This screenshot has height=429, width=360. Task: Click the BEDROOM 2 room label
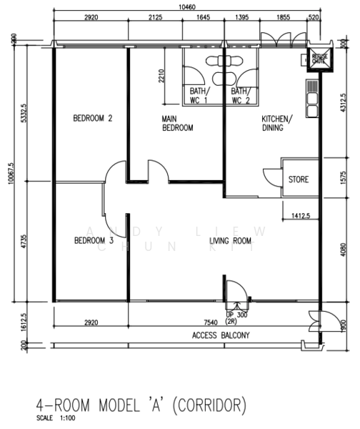click(x=94, y=119)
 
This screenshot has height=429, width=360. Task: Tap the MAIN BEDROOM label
click(x=176, y=124)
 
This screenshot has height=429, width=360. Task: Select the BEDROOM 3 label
click(x=94, y=241)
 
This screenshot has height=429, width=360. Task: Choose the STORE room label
click(x=299, y=179)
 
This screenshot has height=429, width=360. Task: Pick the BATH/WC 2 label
click(x=239, y=96)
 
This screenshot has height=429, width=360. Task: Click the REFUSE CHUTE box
click(x=318, y=60)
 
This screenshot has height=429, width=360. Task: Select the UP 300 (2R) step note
click(x=236, y=318)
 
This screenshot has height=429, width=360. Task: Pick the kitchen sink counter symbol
click(x=311, y=99)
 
